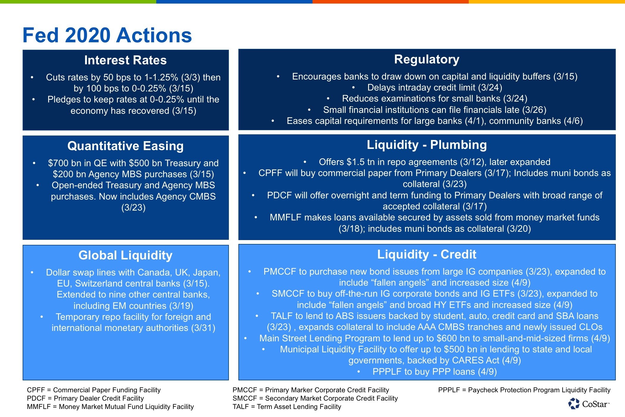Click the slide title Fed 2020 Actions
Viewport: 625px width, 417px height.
(107, 35)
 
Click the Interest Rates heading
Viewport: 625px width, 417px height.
(125, 60)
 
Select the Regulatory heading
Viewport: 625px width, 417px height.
(426, 59)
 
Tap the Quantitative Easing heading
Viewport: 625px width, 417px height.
(125, 146)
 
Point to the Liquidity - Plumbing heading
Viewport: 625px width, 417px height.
(426, 145)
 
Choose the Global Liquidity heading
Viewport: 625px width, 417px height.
(125, 255)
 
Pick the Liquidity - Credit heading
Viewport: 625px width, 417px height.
(426, 254)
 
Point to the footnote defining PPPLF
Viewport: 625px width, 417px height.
(524, 390)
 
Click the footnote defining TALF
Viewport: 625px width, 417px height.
(287, 407)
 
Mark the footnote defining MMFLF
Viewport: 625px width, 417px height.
(110, 407)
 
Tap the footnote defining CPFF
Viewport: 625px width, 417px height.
(94, 390)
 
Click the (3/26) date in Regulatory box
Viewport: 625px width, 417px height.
(534, 110)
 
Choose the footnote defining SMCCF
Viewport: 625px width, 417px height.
(315, 398)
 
